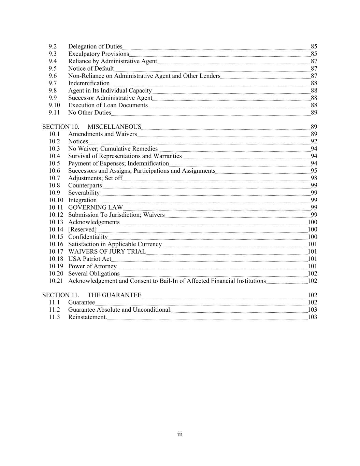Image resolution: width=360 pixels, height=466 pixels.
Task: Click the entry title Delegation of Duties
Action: pos(95,46)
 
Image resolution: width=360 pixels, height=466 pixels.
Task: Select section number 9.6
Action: pos(53,76)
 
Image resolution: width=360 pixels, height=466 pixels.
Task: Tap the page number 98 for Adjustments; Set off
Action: pos(314,178)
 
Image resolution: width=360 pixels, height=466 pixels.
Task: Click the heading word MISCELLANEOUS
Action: pos(114,127)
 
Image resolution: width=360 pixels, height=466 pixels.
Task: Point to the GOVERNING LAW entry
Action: pos(95,208)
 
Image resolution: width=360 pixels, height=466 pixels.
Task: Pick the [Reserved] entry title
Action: pos(82,229)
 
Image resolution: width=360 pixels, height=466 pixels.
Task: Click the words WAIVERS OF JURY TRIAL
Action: pos(107,252)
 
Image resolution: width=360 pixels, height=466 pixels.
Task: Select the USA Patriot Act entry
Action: pos(90,259)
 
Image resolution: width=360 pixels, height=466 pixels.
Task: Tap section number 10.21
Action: pos(56,281)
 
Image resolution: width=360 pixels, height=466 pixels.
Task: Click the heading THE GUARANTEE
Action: pos(114,295)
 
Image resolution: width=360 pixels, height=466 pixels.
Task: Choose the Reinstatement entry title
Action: pos(87,317)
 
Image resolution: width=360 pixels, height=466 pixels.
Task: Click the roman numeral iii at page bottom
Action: pos(180,434)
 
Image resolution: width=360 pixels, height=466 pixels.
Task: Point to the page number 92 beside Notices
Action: pos(314,142)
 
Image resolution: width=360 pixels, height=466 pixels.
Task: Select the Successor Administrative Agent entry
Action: pos(110,98)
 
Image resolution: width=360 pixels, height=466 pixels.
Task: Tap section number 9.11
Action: pos(54,113)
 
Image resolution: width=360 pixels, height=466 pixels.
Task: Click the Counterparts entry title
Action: pos(85,186)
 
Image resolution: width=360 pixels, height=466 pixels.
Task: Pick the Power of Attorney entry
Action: pos(92,266)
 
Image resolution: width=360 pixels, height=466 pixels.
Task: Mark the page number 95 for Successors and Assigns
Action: pos(314,171)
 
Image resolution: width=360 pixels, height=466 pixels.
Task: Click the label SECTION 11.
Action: pos(61,295)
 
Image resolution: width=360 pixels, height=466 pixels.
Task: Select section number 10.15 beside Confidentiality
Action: pos(56,237)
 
